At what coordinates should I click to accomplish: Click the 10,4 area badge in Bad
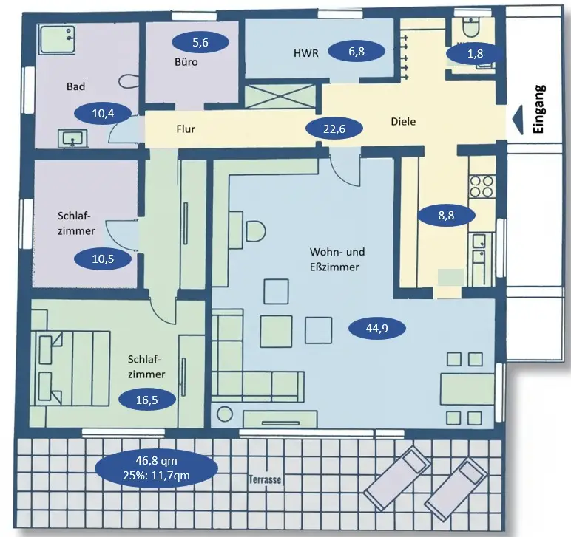(104, 114)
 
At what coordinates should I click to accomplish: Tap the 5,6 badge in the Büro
(200, 43)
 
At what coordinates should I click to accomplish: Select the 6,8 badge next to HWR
(357, 52)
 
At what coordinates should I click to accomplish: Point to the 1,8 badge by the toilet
(475, 53)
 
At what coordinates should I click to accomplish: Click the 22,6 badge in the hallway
(336, 128)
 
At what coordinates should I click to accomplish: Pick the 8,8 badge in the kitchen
(446, 215)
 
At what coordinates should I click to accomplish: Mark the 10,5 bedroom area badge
(103, 259)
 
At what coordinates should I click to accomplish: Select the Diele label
(403, 122)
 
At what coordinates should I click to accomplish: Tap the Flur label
(185, 128)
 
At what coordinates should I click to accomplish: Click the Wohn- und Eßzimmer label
(334, 260)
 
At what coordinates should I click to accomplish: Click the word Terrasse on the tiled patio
(266, 480)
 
